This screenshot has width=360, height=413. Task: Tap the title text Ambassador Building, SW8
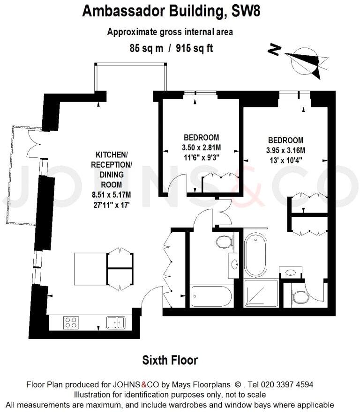171,12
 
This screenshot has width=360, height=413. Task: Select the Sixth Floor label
170,360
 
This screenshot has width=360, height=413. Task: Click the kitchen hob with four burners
71,322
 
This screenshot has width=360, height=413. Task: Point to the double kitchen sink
115,322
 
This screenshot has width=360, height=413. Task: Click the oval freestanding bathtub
256,254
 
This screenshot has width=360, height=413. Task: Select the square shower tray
261,293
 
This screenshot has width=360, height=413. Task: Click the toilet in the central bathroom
224,242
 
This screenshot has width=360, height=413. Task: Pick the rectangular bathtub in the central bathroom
210,296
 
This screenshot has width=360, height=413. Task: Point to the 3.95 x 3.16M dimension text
286,150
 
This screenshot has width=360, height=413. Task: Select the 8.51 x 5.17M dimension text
111,194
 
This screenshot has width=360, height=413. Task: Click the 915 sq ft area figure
195,48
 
